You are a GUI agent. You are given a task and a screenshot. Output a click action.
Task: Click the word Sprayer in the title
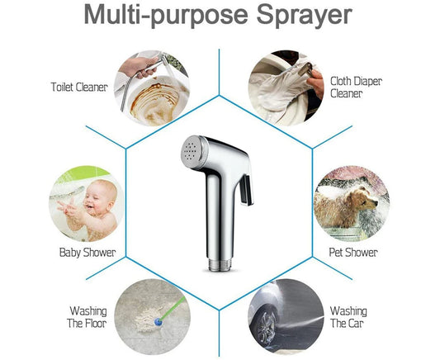tap(304, 16)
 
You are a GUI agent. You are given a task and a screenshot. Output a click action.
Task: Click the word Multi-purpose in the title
tap(166, 16)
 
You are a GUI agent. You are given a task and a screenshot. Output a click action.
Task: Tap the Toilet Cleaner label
tap(79, 87)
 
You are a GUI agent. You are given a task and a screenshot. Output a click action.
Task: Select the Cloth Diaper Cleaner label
tap(356, 88)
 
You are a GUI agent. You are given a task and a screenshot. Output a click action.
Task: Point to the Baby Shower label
tap(88, 253)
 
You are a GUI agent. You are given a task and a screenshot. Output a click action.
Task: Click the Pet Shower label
tap(353, 253)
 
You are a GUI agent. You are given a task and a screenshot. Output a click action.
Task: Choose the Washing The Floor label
tap(87, 317)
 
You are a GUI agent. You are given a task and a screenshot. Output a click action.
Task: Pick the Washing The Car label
tap(348, 317)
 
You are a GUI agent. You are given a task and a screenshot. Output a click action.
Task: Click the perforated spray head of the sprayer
tap(192, 152)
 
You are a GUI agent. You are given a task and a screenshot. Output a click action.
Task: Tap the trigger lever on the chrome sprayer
tap(247, 189)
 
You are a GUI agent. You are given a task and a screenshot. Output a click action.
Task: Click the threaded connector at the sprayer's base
tap(220, 264)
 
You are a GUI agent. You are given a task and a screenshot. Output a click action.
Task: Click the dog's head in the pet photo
tap(365, 199)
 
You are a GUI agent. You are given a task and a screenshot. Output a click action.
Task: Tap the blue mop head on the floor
tap(158, 322)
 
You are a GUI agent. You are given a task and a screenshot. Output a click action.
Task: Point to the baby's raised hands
tap(68, 208)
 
